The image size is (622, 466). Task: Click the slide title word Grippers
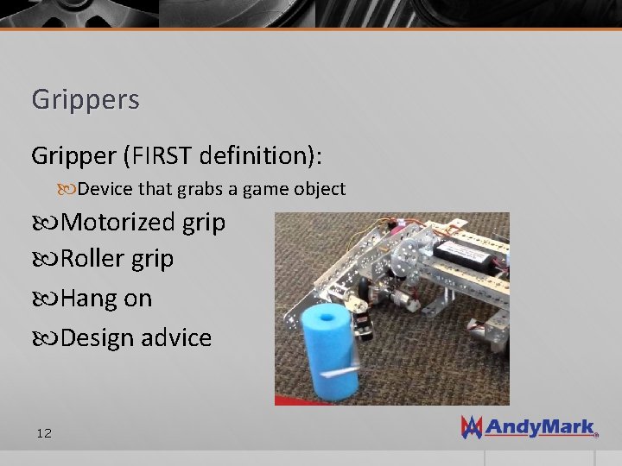(x=85, y=100)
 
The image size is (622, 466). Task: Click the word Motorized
(x=118, y=223)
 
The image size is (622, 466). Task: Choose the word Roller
(x=95, y=259)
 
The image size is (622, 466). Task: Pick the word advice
(x=177, y=337)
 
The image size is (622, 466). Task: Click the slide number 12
(x=44, y=432)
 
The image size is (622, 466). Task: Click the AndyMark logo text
(x=539, y=427)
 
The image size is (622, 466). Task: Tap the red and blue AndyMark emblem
(x=471, y=426)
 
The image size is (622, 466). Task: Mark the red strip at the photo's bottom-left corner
(x=285, y=400)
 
